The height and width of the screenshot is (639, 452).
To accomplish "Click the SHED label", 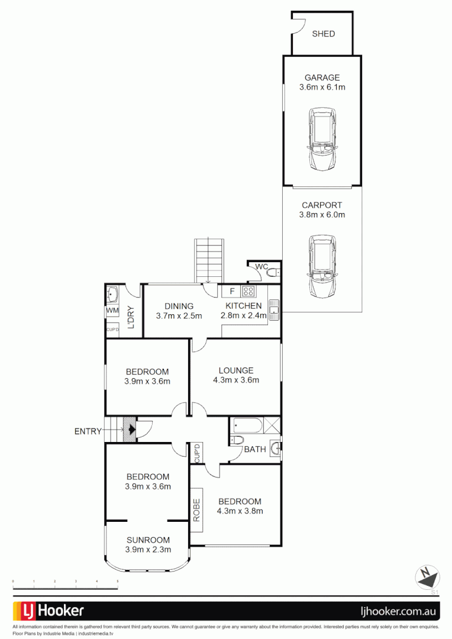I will click(x=323, y=34).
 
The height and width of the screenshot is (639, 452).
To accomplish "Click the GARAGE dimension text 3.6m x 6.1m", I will click(x=322, y=87).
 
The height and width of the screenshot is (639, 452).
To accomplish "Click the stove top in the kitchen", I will click(x=248, y=291).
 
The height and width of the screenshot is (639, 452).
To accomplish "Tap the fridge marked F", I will click(x=232, y=291).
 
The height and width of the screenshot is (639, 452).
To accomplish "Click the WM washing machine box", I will click(x=112, y=311).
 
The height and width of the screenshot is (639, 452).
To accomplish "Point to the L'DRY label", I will click(x=131, y=317).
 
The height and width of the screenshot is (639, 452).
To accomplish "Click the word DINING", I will click(x=179, y=306).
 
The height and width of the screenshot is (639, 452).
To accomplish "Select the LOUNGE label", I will click(x=235, y=370).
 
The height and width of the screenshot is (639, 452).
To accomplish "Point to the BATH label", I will click(x=255, y=450).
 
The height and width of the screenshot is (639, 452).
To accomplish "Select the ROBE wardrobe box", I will click(x=197, y=504).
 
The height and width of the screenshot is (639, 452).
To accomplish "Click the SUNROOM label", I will click(x=147, y=540).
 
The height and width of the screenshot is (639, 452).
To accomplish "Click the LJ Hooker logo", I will click(x=49, y=611).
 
